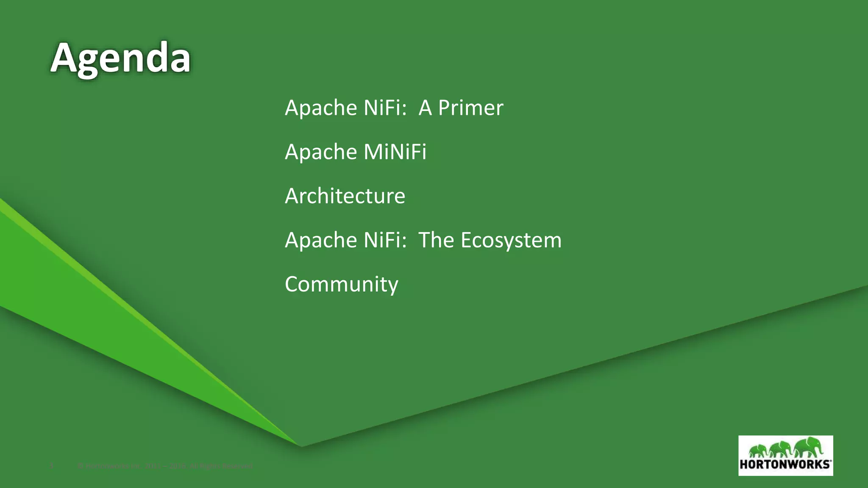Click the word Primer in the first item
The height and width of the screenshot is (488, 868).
click(470, 108)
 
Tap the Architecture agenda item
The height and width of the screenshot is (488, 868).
click(345, 196)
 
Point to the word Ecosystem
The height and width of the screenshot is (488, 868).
click(511, 240)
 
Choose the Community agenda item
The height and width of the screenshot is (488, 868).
click(342, 284)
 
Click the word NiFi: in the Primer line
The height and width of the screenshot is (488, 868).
click(385, 108)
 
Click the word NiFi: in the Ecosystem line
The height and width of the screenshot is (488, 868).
click(385, 240)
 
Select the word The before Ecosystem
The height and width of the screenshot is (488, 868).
click(436, 240)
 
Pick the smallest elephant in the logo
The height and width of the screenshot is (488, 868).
click(758, 450)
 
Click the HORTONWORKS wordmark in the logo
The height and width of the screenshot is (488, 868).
click(785, 464)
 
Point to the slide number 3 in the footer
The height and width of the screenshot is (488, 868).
click(52, 466)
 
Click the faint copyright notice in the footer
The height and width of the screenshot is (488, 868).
click(165, 466)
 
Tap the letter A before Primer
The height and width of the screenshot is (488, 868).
click(425, 108)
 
